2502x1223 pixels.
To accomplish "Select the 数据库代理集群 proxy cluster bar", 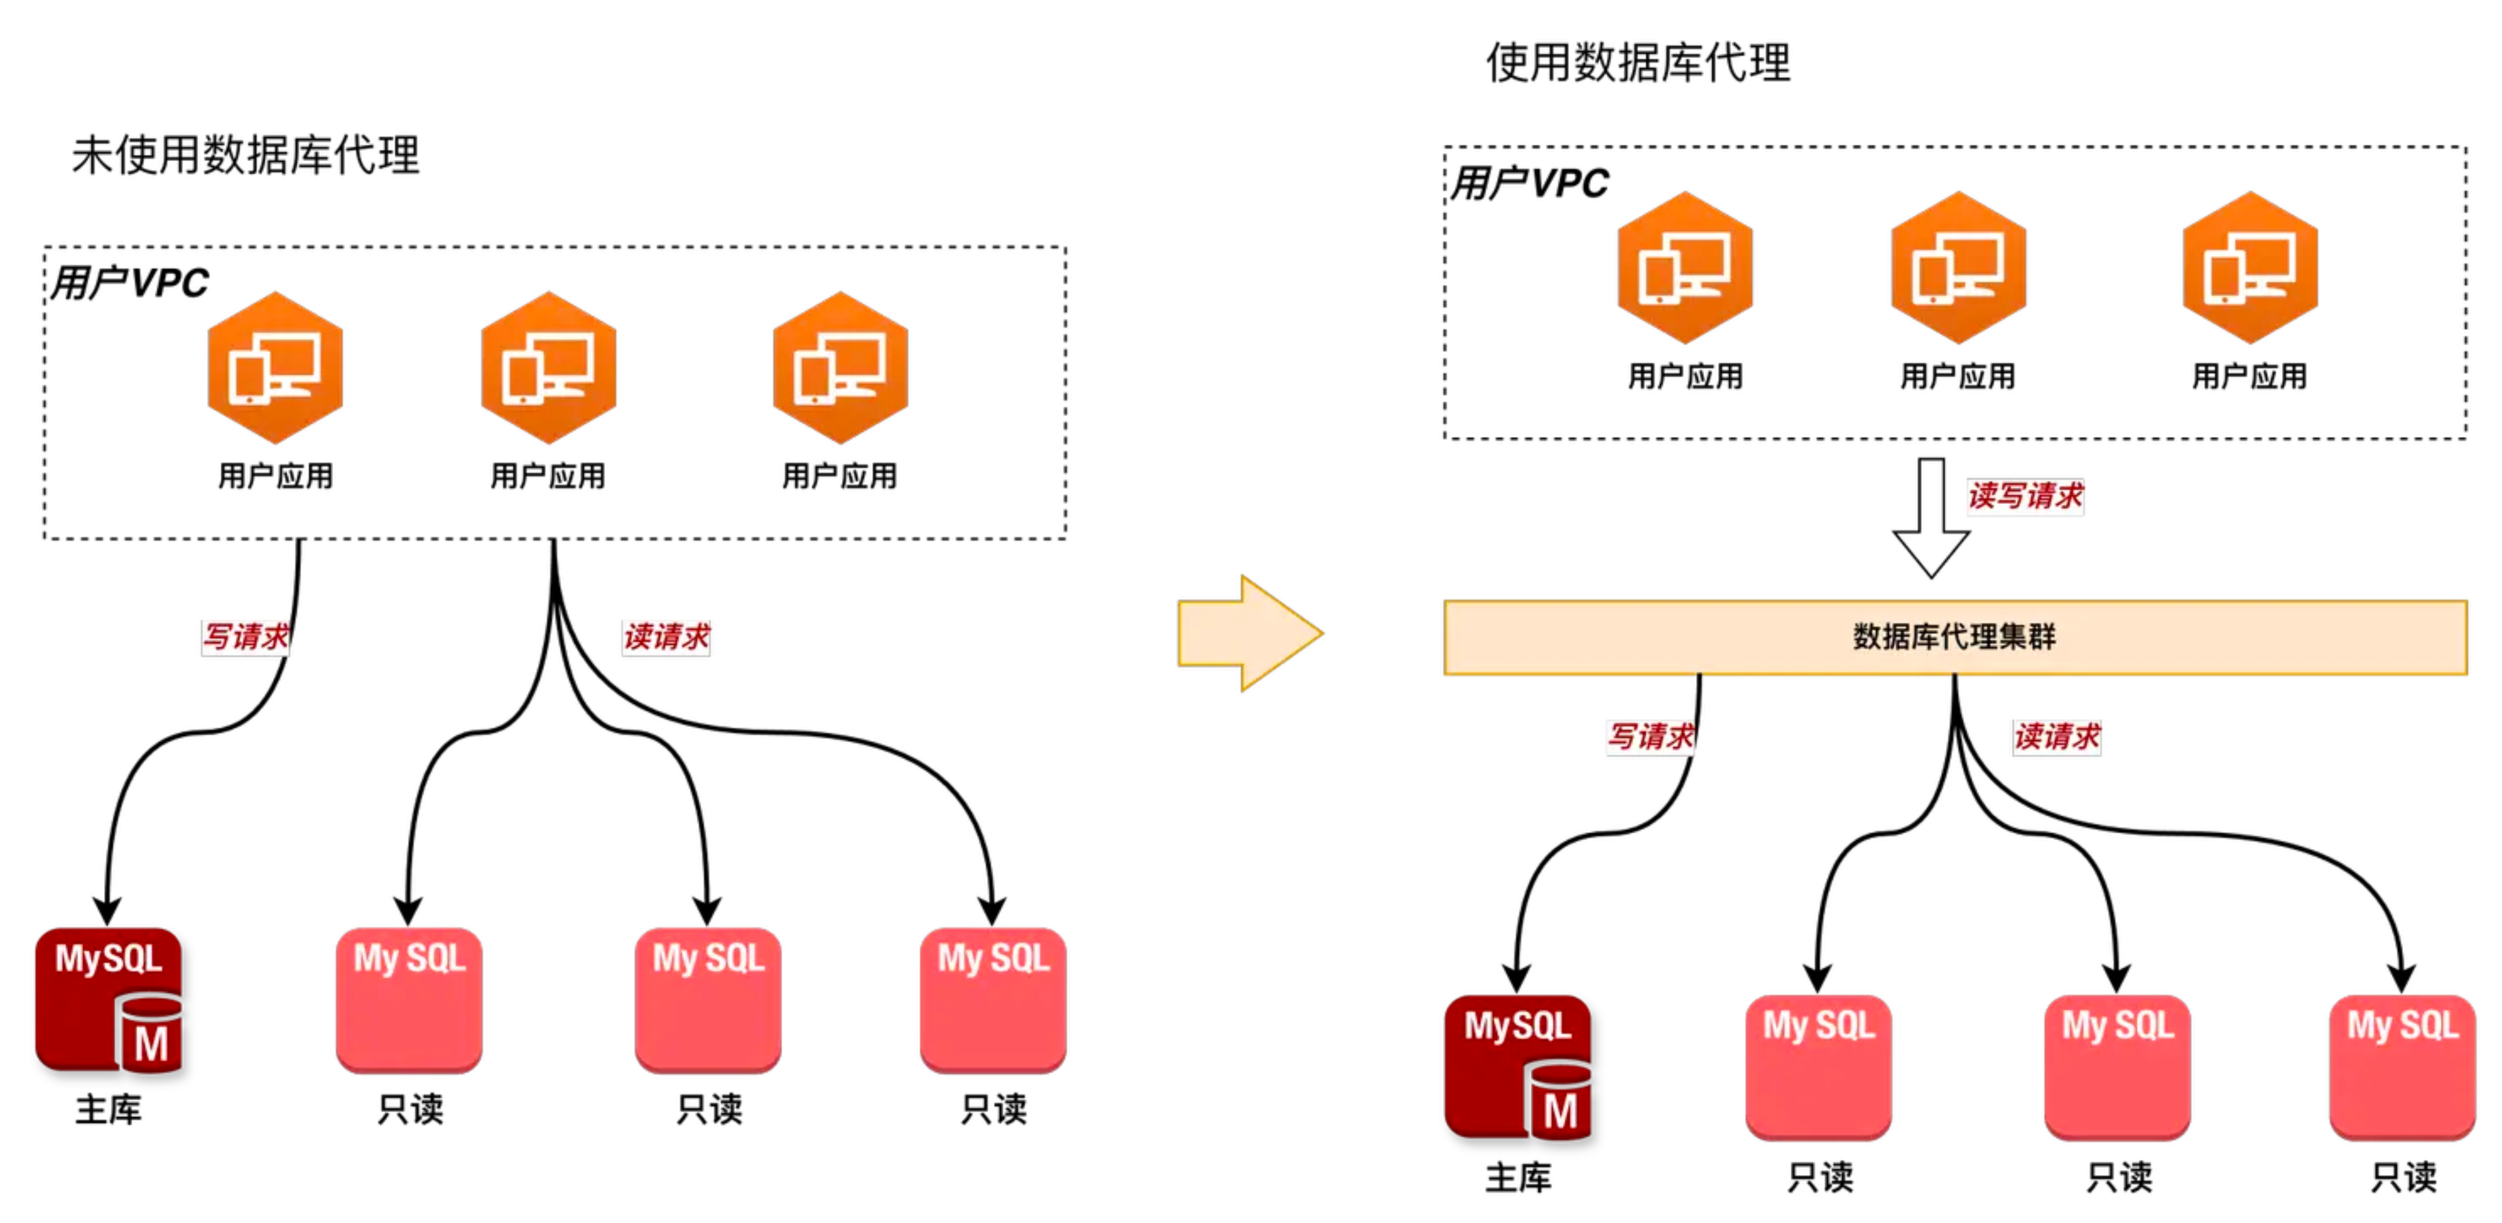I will (x=1954, y=637).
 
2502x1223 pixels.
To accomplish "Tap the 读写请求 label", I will (x=2024, y=497).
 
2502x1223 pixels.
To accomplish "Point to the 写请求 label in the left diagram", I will (x=246, y=637).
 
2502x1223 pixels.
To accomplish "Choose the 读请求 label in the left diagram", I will (x=666, y=637).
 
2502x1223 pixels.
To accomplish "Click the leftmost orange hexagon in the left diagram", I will (x=275, y=367).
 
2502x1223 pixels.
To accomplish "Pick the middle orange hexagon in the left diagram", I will (x=549, y=367).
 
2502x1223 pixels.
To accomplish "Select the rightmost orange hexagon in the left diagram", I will (x=840, y=367).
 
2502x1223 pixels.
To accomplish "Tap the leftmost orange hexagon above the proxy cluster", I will (x=1685, y=267).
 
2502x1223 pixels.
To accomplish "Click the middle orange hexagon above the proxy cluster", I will (x=1958, y=267).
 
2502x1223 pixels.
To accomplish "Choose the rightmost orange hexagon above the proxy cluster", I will (x=2250, y=267).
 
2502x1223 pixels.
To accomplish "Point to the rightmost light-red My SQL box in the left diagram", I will (x=993, y=999).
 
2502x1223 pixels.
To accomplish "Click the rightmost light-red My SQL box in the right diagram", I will (x=2402, y=1066).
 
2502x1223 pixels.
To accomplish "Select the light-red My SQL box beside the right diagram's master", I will (x=1818, y=1066).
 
